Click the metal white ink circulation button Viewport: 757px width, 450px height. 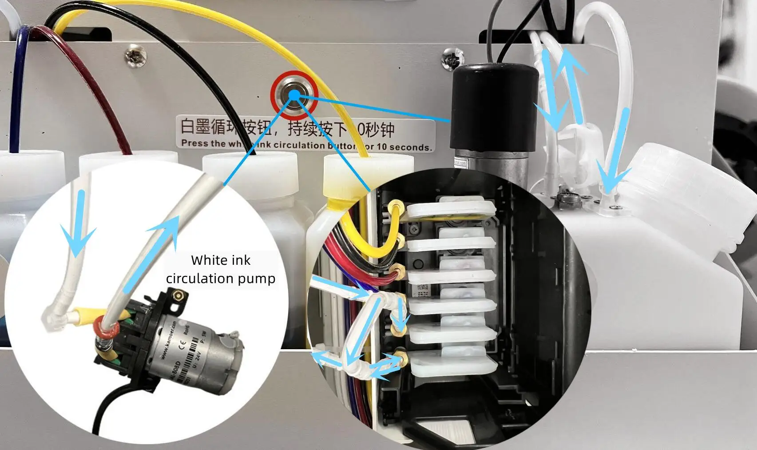point(294,94)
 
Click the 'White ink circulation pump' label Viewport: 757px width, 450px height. point(221,269)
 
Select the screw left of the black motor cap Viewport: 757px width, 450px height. point(453,58)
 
